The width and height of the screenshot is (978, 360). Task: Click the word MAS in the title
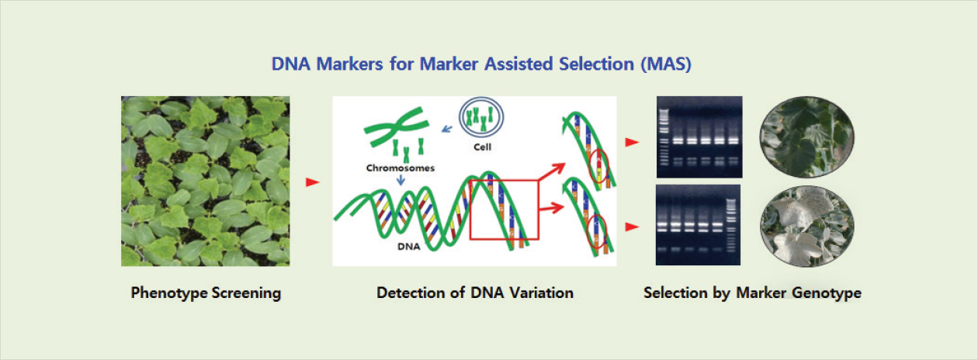pyautogui.click(x=664, y=64)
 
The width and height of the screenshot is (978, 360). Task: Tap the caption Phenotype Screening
pyautogui.click(x=206, y=293)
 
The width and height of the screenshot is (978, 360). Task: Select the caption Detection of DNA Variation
pyautogui.click(x=475, y=293)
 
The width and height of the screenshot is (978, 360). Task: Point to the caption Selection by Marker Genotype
pyautogui.click(x=752, y=293)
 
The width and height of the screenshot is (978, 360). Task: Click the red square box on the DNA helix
pyautogui.click(x=504, y=209)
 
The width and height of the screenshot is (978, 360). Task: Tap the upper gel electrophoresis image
pyautogui.click(x=699, y=137)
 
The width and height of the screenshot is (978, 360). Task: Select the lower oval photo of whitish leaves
pyautogui.click(x=806, y=225)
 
